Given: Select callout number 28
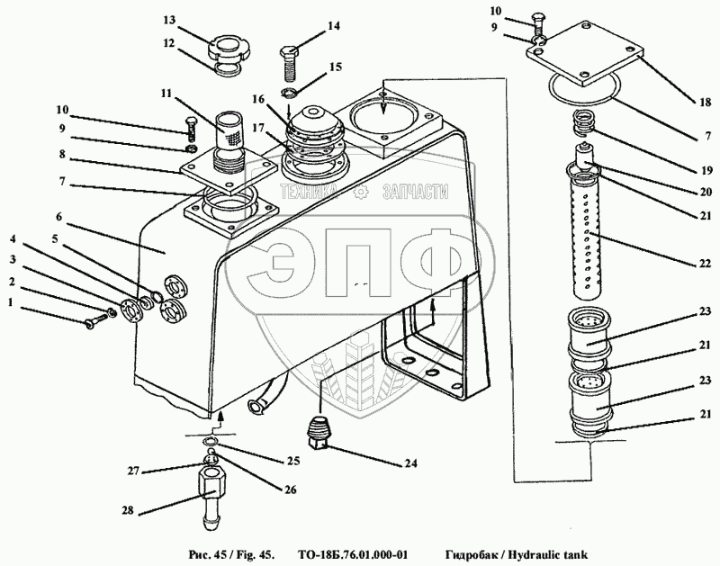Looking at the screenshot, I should coord(129,510).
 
